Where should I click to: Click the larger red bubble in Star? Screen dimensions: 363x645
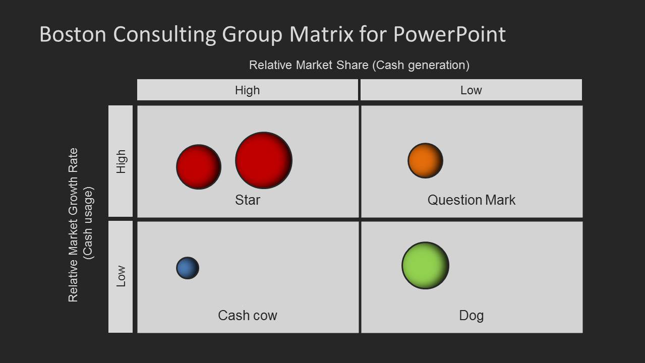tap(264, 160)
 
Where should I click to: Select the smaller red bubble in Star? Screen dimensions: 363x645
tap(199, 167)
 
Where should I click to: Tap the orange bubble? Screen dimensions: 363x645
tap(425, 161)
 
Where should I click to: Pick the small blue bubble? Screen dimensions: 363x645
tap(188, 268)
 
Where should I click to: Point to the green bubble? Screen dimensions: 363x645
tap(425, 266)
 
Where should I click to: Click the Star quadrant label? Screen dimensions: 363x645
tap(248, 200)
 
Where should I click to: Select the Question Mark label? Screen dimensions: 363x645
tap(471, 200)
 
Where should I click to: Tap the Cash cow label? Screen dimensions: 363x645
tap(248, 316)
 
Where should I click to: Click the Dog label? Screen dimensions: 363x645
tap(471, 316)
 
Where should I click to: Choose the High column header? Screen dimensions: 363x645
tap(248, 90)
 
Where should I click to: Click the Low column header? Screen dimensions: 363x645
tap(471, 90)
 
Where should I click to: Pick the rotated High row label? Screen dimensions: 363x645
tap(121, 161)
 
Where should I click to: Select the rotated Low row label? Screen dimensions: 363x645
tap(121, 276)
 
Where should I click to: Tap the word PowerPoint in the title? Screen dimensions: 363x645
tap(449, 34)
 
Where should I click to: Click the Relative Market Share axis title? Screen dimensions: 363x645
tap(359, 65)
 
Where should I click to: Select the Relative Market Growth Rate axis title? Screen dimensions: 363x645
tap(74, 225)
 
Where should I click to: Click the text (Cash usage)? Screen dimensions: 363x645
tap(89, 223)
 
